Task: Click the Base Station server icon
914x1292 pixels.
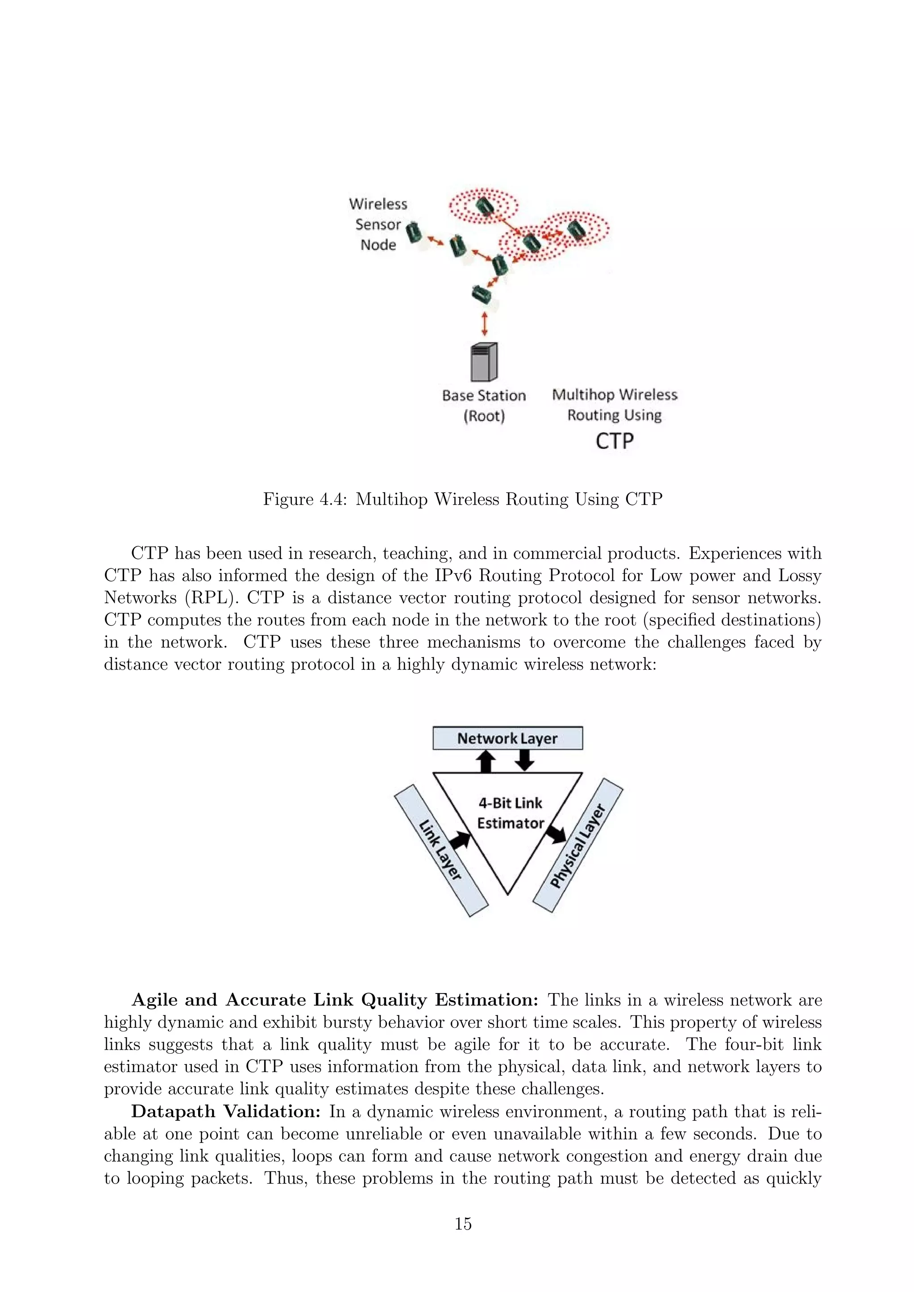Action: (x=484, y=362)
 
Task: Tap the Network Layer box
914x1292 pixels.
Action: (x=507, y=738)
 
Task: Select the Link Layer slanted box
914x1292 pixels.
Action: (x=440, y=850)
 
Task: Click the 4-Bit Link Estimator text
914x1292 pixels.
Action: (x=510, y=813)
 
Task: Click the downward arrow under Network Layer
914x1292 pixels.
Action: (x=524, y=760)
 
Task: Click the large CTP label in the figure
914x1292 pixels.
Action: (x=615, y=442)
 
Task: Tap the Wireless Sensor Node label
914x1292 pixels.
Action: (x=378, y=224)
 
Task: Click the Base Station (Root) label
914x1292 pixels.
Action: (x=483, y=406)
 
